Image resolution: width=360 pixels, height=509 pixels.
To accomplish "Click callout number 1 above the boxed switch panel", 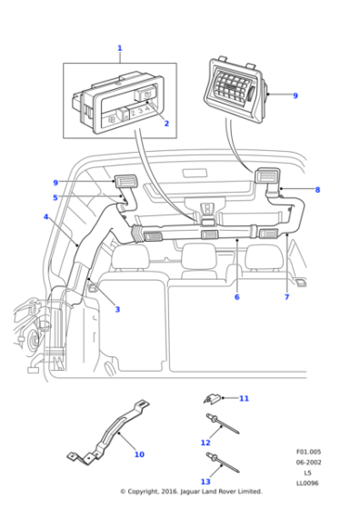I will pyautogui.click(x=119, y=48).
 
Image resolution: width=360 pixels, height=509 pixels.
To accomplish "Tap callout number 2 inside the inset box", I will pyautogui.click(x=166, y=122).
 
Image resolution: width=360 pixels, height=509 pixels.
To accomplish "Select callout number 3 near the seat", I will pyautogui.click(x=117, y=309).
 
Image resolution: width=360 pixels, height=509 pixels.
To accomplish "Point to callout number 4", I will pyautogui.click(x=45, y=217).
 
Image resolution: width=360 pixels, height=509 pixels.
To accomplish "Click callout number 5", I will pyautogui.click(x=55, y=197).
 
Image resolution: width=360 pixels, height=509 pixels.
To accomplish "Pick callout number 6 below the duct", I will pyautogui.click(x=236, y=296).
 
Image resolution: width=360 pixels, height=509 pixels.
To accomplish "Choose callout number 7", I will pyautogui.click(x=286, y=296).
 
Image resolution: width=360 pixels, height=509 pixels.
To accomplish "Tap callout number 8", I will pyautogui.click(x=317, y=190).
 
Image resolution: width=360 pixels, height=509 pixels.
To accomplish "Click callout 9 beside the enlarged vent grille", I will pyautogui.click(x=295, y=95).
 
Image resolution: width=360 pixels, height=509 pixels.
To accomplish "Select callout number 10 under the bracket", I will pyautogui.click(x=139, y=454).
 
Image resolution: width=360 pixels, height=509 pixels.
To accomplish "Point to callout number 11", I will pyautogui.click(x=244, y=398).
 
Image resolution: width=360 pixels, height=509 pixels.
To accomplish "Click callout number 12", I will pyautogui.click(x=205, y=443).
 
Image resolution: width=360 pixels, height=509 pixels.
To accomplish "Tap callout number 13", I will pyautogui.click(x=205, y=482).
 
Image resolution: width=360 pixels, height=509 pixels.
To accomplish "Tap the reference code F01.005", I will pyautogui.click(x=308, y=451).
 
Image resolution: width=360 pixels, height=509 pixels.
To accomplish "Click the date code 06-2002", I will pyautogui.click(x=308, y=462).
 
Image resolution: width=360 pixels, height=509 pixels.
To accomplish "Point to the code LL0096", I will pyautogui.click(x=308, y=483).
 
